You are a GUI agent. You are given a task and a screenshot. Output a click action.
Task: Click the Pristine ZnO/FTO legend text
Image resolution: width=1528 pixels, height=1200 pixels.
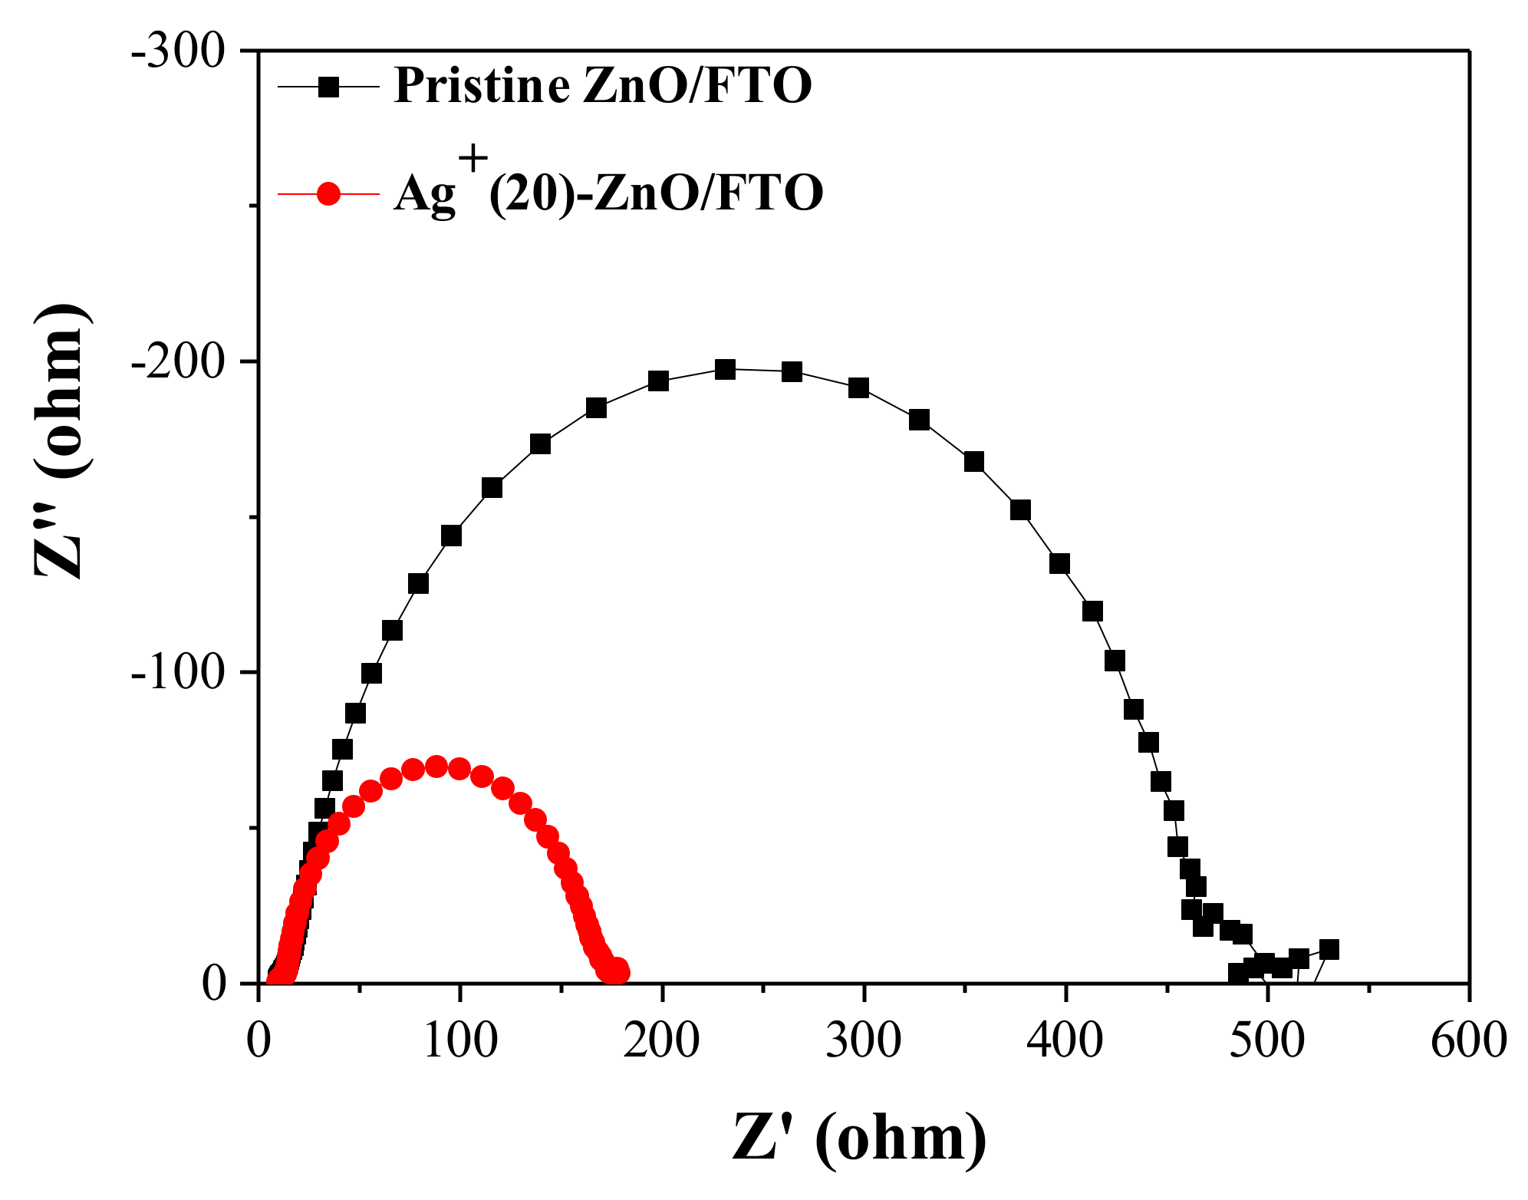[x=602, y=85]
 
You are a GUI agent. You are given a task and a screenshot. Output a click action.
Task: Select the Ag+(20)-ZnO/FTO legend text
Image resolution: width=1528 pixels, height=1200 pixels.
[x=608, y=193]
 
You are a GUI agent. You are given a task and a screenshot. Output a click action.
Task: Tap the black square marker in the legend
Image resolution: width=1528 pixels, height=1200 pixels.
[x=329, y=87]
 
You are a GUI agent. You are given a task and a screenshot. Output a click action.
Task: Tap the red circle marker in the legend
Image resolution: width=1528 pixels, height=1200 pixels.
[x=329, y=193]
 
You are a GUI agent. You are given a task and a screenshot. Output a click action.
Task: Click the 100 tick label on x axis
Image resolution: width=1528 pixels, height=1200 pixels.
[x=459, y=1042]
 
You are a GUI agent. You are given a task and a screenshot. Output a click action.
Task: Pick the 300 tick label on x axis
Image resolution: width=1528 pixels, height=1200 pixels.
[x=864, y=1042]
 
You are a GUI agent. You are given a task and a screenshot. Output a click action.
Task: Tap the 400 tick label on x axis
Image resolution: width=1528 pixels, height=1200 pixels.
[x=1065, y=1042]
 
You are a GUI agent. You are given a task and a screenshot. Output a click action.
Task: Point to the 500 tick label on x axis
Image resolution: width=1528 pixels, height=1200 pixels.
[x=1267, y=1042]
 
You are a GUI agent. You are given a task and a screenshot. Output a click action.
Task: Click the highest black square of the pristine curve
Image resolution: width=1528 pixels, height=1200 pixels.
[x=725, y=370]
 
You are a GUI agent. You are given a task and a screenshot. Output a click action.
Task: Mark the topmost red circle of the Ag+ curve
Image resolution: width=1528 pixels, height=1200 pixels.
[x=436, y=766]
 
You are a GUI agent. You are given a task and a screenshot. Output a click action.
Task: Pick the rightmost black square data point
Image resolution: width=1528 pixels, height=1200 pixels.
[x=1329, y=949]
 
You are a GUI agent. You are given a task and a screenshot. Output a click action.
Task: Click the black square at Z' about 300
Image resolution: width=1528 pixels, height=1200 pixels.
[x=858, y=388]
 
